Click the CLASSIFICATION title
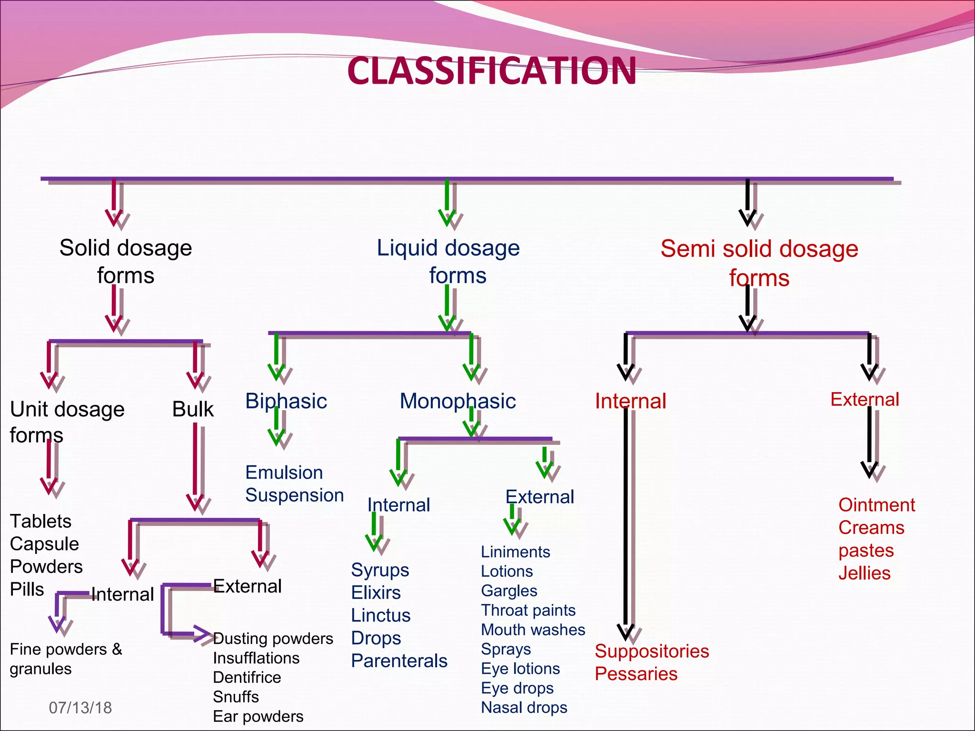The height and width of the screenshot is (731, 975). (x=492, y=71)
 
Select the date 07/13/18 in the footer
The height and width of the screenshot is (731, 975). (x=80, y=708)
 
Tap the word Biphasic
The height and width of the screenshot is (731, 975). (x=286, y=401)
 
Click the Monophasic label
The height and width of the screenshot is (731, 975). (x=458, y=401)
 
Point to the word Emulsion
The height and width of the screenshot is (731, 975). (x=284, y=473)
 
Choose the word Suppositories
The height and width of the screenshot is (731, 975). (x=652, y=651)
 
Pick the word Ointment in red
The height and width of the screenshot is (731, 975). (x=876, y=505)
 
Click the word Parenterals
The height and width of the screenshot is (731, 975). (x=399, y=661)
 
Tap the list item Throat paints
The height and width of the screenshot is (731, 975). (x=528, y=610)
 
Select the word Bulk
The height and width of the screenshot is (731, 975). (x=193, y=409)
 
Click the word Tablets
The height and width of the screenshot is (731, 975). (x=40, y=522)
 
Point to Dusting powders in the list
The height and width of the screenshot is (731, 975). (x=273, y=639)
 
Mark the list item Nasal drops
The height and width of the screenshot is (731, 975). (x=524, y=708)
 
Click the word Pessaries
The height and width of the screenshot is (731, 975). (x=636, y=674)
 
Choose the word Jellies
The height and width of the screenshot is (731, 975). (x=864, y=573)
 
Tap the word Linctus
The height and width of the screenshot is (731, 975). (x=380, y=615)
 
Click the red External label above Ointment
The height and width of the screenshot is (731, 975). (x=865, y=400)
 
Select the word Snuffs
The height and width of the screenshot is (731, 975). (x=236, y=697)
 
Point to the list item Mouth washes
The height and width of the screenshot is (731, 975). (x=533, y=630)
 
